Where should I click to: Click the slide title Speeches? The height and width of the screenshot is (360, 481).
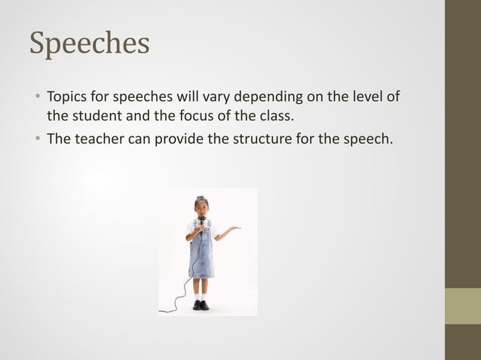point(89,43)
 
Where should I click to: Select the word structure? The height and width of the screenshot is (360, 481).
point(272,139)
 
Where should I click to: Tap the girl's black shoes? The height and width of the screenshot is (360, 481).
point(201,305)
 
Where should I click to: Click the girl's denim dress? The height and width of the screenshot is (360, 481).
point(201,256)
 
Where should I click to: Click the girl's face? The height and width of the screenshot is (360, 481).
point(201,207)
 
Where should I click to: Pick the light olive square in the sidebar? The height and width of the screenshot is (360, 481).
point(463,306)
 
